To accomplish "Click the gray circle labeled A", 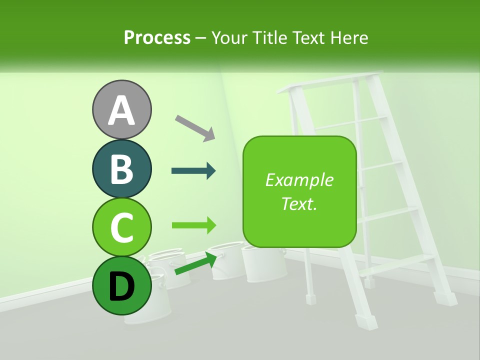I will click(x=121, y=109).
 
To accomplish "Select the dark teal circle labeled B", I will click(x=121, y=168).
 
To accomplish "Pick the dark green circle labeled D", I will click(x=121, y=285).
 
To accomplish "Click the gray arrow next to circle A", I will click(x=195, y=128).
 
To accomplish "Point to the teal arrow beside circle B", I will click(x=193, y=171).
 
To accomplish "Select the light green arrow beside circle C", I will click(x=193, y=225).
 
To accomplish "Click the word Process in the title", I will click(x=157, y=38).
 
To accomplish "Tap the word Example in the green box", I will click(x=299, y=180).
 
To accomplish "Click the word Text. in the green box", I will click(x=299, y=203).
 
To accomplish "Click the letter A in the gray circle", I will click(x=121, y=110).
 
